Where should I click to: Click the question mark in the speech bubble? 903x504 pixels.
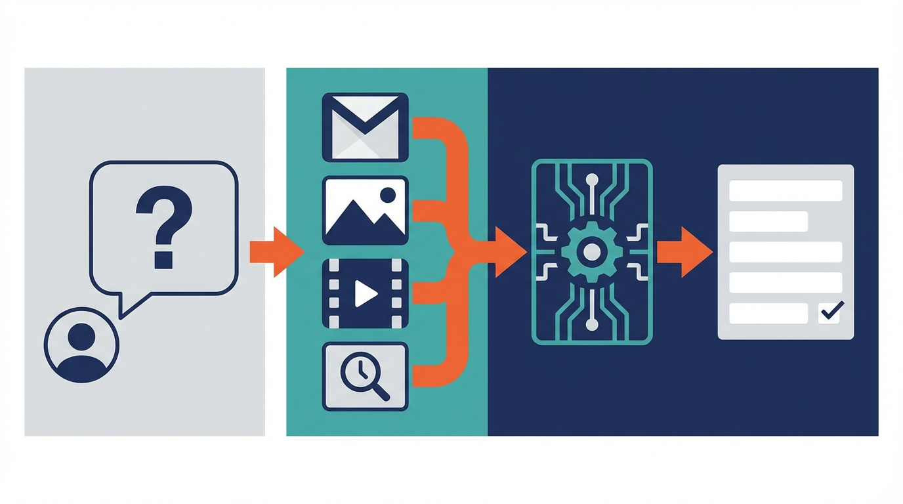[x=164, y=227]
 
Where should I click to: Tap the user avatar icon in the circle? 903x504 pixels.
[x=81, y=345]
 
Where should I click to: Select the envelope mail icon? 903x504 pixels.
[x=365, y=127]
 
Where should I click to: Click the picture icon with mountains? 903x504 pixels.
[x=365, y=211]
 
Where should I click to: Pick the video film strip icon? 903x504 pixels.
[x=365, y=293]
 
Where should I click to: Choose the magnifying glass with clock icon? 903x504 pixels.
[x=365, y=377]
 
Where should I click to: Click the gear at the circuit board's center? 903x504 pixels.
[x=591, y=252]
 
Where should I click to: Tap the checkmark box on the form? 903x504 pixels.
[x=831, y=311]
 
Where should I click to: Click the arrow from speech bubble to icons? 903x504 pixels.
[x=276, y=252]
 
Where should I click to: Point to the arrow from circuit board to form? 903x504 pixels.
[x=684, y=252]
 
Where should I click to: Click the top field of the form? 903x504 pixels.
[x=786, y=191]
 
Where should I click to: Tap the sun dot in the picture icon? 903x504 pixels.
[x=388, y=194]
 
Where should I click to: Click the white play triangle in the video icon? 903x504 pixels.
[x=365, y=294]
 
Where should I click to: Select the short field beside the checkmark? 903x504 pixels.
[x=768, y=313]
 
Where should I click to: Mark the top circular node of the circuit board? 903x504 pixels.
[x=592, y=178]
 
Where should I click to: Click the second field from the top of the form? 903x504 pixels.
[x=768, y=222]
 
